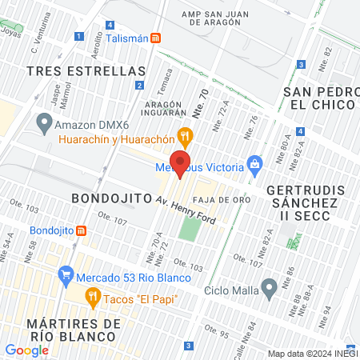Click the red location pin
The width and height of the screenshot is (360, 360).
click(x=181, y=163)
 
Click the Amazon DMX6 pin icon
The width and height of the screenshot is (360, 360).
click(x=43, y=124)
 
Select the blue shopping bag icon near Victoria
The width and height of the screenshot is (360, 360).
click(x=255, y=166)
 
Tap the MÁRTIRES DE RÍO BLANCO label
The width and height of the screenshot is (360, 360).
click(x=73, y=330)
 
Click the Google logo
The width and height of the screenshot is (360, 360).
click(x=26, y=350)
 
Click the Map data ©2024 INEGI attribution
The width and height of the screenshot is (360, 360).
click(x=313, y=354)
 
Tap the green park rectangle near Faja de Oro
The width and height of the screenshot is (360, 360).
click(x=189, y=230)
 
